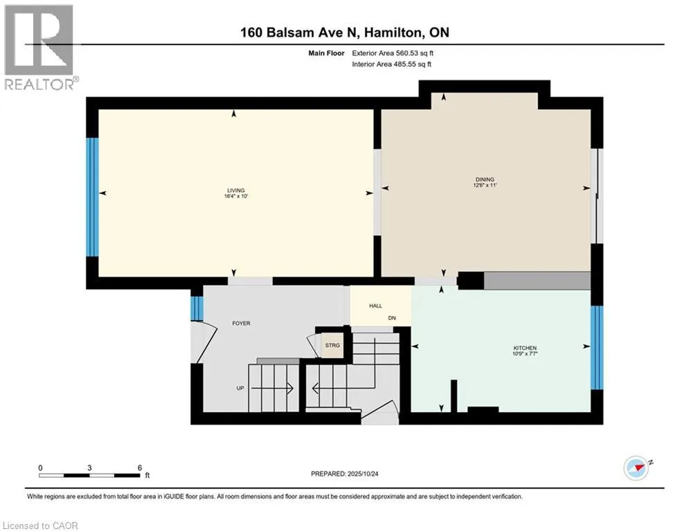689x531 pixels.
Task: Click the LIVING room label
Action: click(236, 190)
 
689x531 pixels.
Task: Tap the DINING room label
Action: click(485, 180)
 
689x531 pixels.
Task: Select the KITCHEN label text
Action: click(525, 348)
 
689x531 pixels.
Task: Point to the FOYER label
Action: click(241, 324)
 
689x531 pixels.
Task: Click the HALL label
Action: click(376, 306)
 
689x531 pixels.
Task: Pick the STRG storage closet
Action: click(332, 346)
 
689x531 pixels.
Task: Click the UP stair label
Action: click(240, 389)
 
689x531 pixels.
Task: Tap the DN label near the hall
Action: click(392, 318)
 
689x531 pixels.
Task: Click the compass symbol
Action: click(636, 468)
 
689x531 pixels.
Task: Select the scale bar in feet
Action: click(89, 475)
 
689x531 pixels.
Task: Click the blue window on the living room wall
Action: click(92, 197)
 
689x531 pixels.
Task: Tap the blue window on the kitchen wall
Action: click(597, 348)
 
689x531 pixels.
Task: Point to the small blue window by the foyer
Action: click(197, 308)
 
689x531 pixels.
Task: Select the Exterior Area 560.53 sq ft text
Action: click(393, 53)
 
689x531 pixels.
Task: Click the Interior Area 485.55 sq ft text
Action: click(391, 64)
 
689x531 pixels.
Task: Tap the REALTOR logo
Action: click(40, 48)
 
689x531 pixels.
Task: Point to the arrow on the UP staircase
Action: click(272, 389)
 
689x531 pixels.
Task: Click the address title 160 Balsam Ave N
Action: click(300, 32)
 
